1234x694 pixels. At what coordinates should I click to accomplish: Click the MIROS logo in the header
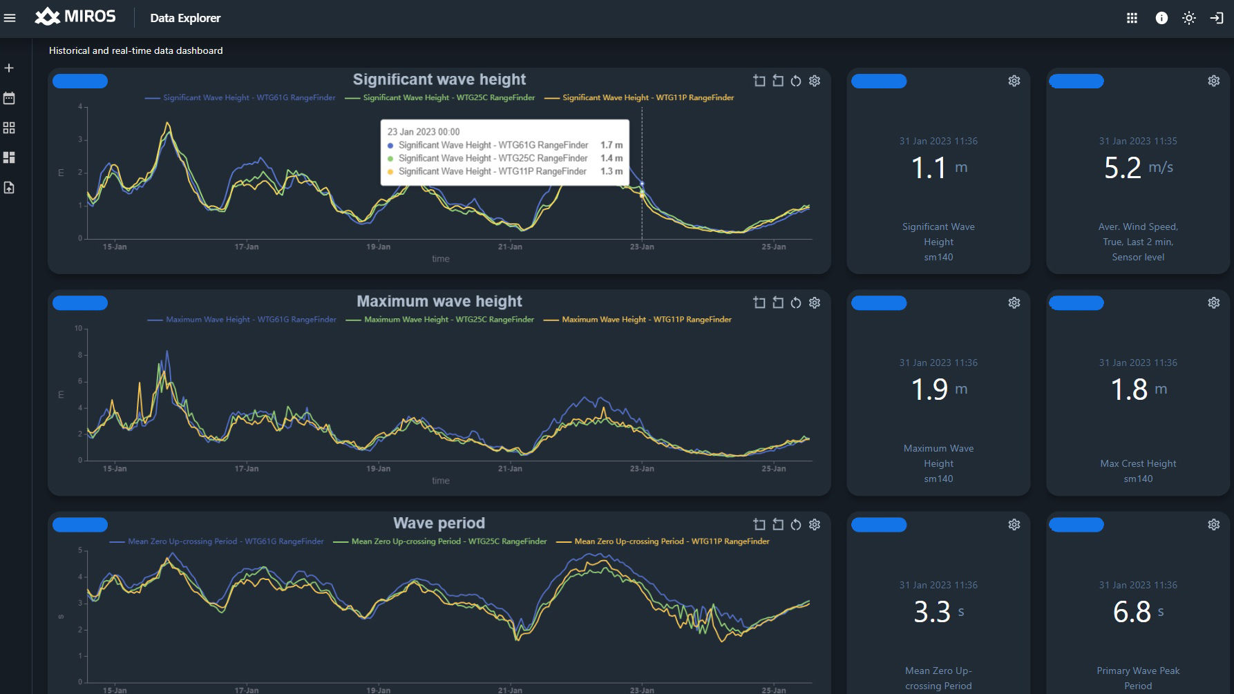click(x=75, y=17)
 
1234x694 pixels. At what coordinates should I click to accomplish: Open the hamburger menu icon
click(x=10, y=18)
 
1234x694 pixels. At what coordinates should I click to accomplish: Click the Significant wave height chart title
click(x=439, y=79)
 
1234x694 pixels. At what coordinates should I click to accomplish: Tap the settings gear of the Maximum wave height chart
click(x=815, y=302)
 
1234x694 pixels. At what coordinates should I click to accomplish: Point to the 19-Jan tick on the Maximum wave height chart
click(x=378, y=468)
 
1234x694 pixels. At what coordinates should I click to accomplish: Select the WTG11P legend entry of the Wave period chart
click(x=663, y=541)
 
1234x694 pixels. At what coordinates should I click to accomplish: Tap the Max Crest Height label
click(x=1138, y=463)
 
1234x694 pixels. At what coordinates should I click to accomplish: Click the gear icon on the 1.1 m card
click(x=1014, y=81)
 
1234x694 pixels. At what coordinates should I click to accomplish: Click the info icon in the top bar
click(x=1161, y=18)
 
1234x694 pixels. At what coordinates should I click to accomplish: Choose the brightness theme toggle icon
click(x=1189, y=18)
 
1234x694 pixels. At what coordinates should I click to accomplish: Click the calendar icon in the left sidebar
click(x=9, y=98)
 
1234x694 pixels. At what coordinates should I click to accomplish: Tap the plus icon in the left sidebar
click(x=9, y=68)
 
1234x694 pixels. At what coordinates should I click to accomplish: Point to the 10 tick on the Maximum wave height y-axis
click(x=78, y=329)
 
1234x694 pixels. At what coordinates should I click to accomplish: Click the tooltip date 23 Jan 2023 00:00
click(x=423, y=132)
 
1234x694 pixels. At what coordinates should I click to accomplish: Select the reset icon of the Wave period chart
click(x=796, y=525)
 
